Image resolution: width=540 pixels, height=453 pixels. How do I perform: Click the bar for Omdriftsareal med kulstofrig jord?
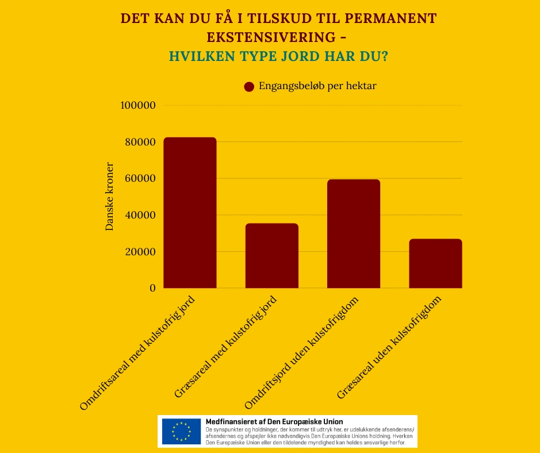(x=190, y=213)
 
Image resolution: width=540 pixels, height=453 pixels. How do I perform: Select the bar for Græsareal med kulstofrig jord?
(x=271, y=256)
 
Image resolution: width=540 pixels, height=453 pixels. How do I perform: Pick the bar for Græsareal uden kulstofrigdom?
(x=435, y=263)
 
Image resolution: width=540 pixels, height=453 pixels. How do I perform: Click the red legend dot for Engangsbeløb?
(x=249, y=87)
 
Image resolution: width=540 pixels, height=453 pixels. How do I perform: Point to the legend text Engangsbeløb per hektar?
(x=317, y=86)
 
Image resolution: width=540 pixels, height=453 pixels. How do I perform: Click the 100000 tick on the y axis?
(x=138, y=105)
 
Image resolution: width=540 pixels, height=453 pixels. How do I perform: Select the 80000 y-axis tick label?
(x=140, y=142)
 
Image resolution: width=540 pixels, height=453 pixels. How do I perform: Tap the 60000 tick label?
(x=140, y=178)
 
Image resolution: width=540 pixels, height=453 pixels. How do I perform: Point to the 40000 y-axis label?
(x=140, y=215)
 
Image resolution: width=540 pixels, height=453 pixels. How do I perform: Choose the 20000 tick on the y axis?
(x=140, y=251)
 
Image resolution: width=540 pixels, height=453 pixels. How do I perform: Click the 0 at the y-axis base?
(x=152, y=288)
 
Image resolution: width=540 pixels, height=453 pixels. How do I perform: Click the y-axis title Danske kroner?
(x=109, y=197)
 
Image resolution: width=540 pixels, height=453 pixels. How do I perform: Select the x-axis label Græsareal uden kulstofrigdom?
(x=392, y=348)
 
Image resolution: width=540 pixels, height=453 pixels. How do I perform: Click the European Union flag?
(x=181, y=431)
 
